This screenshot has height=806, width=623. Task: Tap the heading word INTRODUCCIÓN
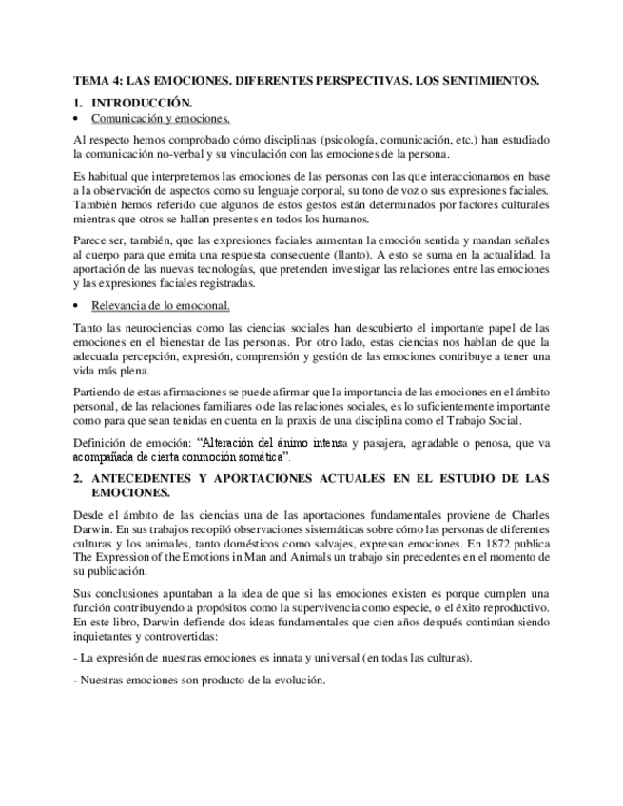tap(142, 103)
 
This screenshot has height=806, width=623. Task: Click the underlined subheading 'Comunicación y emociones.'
tap(161, 119)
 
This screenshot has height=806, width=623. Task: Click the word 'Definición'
tap(100, 442)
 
